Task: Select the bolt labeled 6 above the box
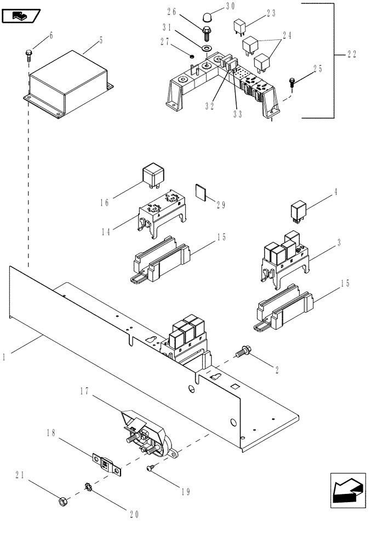(x=28, y=54)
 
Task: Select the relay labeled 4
(x=298, y=211)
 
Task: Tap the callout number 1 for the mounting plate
(x=4, y=357)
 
